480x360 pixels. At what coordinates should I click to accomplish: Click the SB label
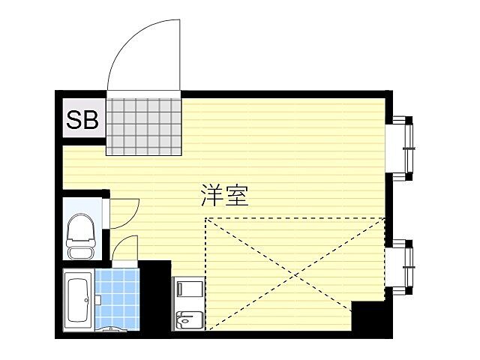click(83, 120)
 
